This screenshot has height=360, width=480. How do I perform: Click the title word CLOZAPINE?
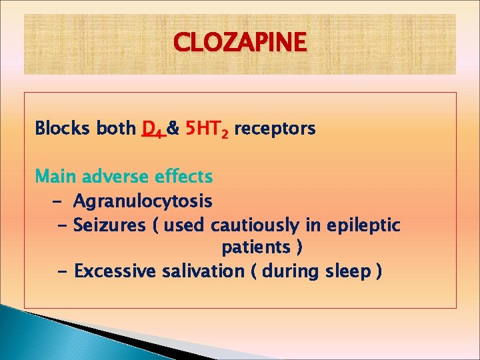point(240,43)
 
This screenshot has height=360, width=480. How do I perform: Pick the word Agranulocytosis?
point(143,201)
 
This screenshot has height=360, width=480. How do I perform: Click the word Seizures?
point(109,225)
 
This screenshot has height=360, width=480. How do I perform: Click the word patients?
point(255,248)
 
